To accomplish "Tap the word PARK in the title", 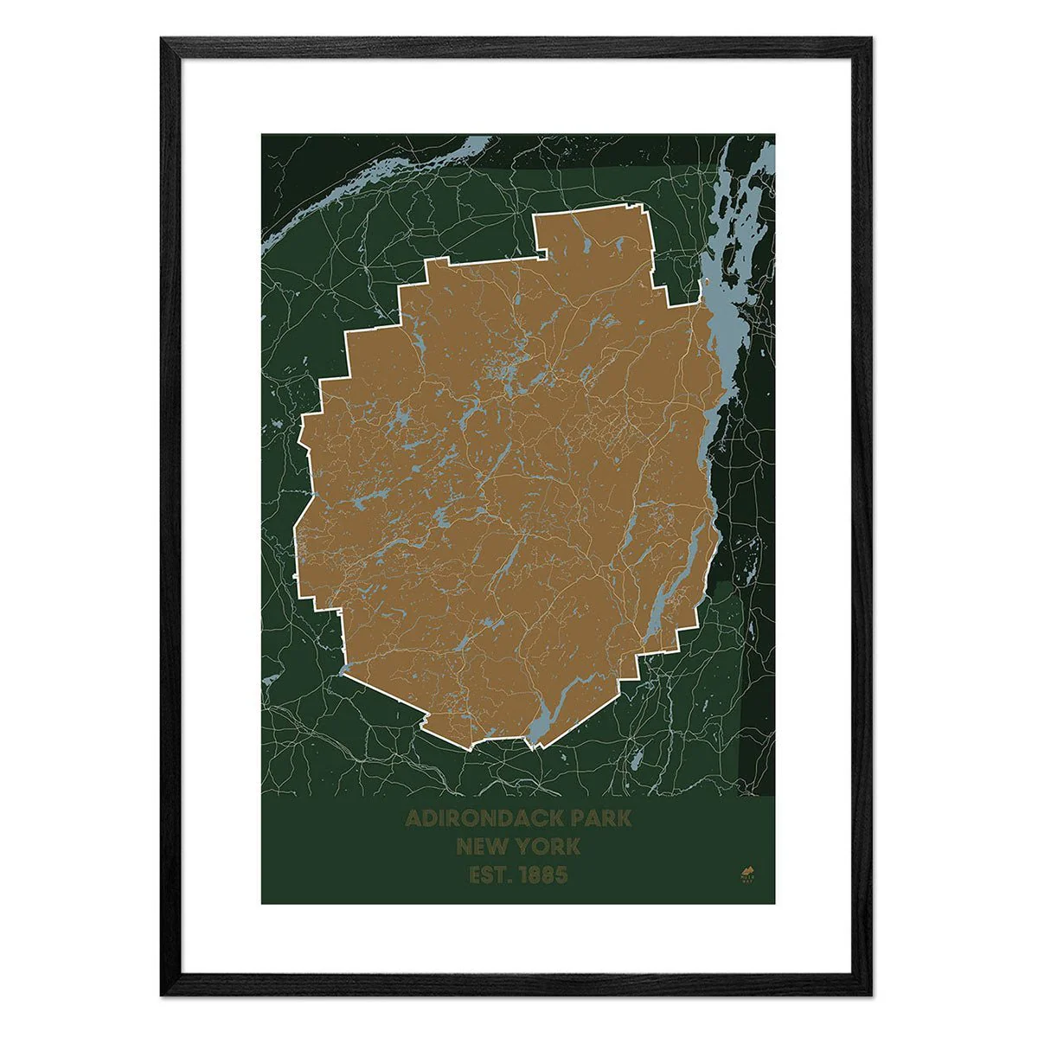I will [604, 818].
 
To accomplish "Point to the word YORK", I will [551, 847].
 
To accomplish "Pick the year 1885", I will [545, 875].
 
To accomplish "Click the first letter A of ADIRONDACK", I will [413, 818].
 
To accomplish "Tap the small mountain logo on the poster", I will [747, 871].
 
